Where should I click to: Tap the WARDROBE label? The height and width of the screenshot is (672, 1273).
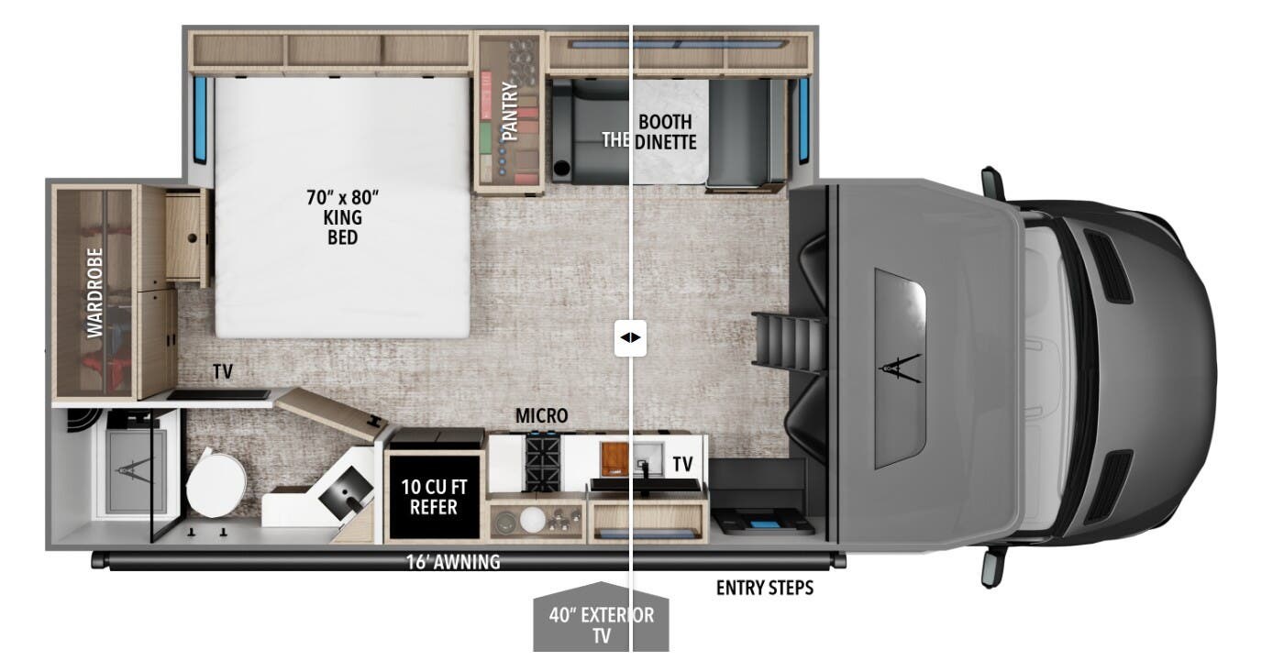pyautogui.click(x=95, y=292)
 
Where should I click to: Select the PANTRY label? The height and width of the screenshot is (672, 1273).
pyautogui.click(x=510, y=112)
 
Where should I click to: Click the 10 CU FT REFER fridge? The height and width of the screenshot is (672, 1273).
pyautogui.click(x=433, y=495)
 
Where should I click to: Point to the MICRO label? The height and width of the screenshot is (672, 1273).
pyautogui.click(x=541, y=416)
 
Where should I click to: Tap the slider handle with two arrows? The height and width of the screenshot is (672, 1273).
pyautogui.click(x=631, y=337)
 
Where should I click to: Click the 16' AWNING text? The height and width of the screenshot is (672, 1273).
pyautogui.click(x=454, y=562)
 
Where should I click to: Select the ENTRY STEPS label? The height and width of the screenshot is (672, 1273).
pyautogui.click(x=764, y=588)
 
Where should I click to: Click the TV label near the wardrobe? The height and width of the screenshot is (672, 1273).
pyautogui.click(x=222, y=372)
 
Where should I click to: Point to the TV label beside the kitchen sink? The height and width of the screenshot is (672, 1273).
pyautogui.click(x=682, y=465)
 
